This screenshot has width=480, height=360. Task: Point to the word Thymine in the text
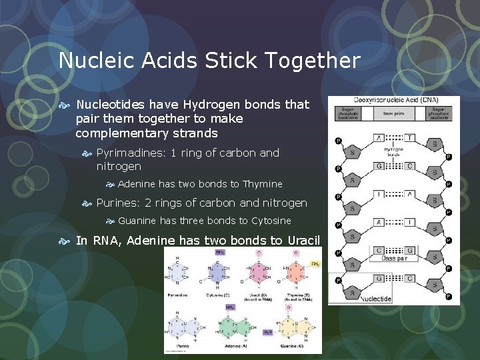[262, 184]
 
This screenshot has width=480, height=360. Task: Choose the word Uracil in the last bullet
[304, 241]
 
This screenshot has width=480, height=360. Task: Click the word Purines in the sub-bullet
[118, 203]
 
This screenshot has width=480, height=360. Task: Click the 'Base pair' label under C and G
[393, 257]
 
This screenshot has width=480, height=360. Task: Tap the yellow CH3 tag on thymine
[315, 263]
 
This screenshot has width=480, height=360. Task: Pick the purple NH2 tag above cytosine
[220, 253]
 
